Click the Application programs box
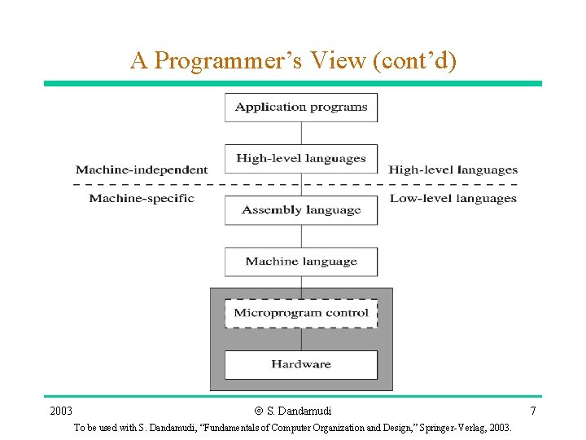301,107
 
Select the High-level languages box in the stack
301,158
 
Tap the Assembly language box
301,210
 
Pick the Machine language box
301,262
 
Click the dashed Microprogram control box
301,313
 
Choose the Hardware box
301,364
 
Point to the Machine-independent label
142,170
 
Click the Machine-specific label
142,198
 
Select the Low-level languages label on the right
453,198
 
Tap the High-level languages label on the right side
453,170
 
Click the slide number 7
533,411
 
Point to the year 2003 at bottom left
61,411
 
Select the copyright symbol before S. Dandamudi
259,411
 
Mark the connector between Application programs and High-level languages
301,133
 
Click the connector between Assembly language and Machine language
301,236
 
